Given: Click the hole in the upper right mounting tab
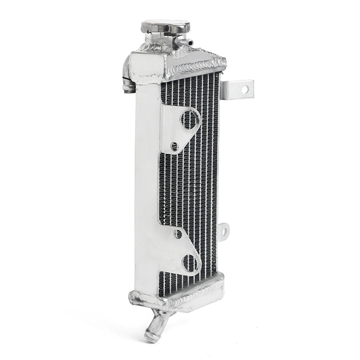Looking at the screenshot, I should click(244, 89).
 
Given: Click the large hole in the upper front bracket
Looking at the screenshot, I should click(190, 120).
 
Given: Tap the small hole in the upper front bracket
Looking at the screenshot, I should click(174, 146).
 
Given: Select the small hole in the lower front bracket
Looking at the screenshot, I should click(178, 234).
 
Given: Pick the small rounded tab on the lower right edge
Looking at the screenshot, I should click(223, 231).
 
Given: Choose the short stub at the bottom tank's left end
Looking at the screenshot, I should click(133, 297).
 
